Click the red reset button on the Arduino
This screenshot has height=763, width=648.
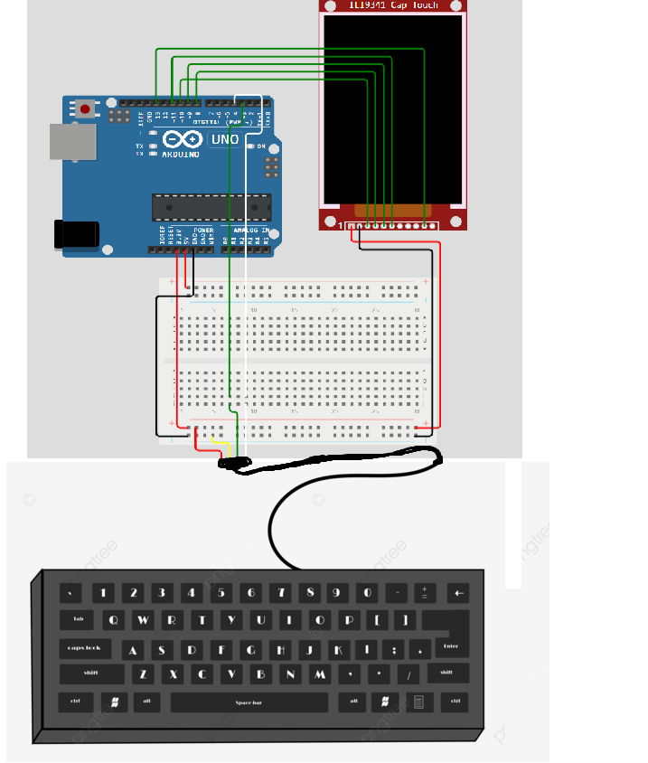click(85, 109)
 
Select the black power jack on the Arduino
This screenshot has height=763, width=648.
click(76, 233)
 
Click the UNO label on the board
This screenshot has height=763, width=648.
click(224, 139)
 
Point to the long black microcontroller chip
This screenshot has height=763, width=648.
click(211, 207)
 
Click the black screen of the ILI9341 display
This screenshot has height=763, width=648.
click(393, 108)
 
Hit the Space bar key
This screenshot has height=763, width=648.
click(249, 702)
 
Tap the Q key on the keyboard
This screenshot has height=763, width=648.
click(114, 621)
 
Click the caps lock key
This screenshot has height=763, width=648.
click(86, 649)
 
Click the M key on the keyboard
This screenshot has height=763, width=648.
click(319, 674)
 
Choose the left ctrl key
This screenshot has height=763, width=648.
click(75, 702)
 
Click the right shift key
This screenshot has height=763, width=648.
click(446, 673)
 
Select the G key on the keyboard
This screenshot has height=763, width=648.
click(250, 649)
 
